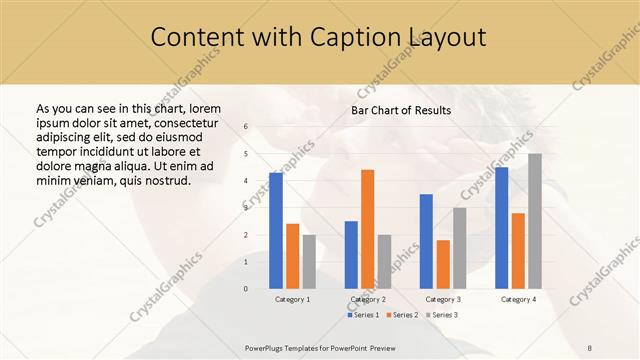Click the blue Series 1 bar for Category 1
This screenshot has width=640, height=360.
point(276,231)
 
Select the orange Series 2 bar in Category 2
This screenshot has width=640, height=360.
point(368,229)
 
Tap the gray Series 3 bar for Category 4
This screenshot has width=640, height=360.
point(535,221)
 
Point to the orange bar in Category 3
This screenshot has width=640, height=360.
point(443,264)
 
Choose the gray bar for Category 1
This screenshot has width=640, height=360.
point(309,262)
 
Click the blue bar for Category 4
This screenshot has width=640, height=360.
point(501,228)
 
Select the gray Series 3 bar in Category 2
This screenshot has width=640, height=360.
point(385,262)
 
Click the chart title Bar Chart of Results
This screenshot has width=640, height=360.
point(401,110)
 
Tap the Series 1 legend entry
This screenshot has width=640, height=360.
point(363,315)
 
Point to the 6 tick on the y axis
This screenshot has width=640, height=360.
point(246,127)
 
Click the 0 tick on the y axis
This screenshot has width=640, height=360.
point(246,289)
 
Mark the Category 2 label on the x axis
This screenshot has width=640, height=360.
point(368,299)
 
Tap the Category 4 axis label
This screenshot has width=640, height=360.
point(518,299)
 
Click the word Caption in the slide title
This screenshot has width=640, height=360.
point(355,37)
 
